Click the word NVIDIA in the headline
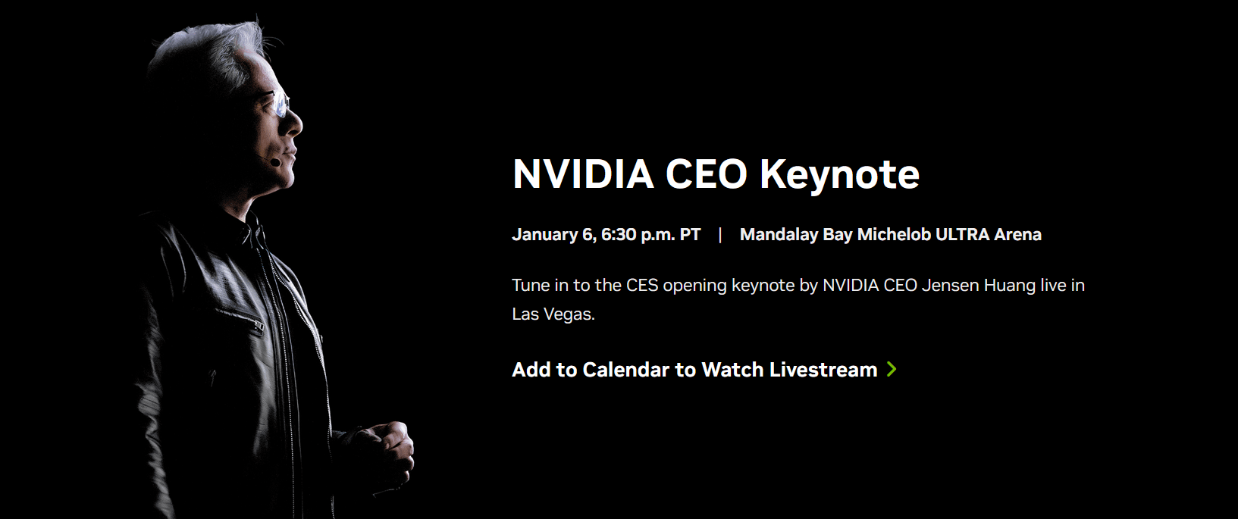tap(583, 174)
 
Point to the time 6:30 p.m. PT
tap(651, 235)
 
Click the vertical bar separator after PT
tap(720, 235)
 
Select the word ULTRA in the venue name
tap(962, 235)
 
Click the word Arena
tap(1018, 235)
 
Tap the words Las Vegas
tap(553, 314)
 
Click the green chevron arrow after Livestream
tap(892, 370)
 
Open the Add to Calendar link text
tap(591, 370)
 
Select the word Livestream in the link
tap(823, 370)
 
